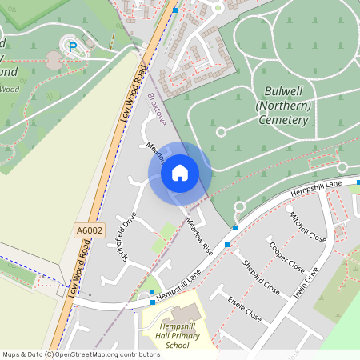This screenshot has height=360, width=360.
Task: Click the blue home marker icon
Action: point(180,172)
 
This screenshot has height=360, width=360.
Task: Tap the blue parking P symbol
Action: point(73,48)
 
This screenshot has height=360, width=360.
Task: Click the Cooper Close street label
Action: point(287,256)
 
